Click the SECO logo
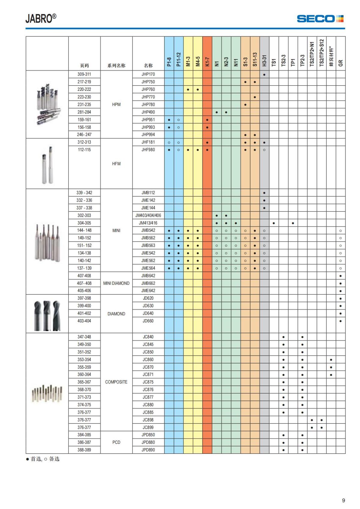tap(320, 19)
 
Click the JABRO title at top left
tap(41, 19)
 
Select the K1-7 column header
tap(207, 61)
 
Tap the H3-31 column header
tap(264, 60)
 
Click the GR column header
tap(340, 63)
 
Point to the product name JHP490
tap(148, 112)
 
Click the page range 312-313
tap(84, 142)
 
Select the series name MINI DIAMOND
tap(116, 283)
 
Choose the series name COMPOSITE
tap(116, 382)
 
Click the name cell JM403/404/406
tap(148, 215)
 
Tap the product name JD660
tap(148, 321)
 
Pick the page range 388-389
tap(84, 450)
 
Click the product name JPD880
tap(148, 442)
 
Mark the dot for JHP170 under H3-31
tap(264, 74)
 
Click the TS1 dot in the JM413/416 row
tap(274, 223)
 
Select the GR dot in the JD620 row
tap(340, 298)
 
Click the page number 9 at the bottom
tap(343, 500)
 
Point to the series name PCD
tap(116, 442)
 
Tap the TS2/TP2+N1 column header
tap(312, 54)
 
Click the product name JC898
tap(148, 420)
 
